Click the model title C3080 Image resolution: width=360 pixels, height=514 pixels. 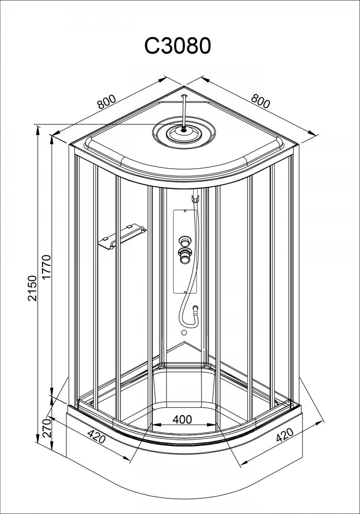click(x=177, y=46)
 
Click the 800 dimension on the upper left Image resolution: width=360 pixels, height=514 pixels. click(x=106, y=102)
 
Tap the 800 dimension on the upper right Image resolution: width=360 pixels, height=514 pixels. click(x=260, y=101)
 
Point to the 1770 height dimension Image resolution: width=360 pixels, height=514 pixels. click(x=46, y=267)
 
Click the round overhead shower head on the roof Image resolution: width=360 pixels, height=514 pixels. click(x=184, y=133)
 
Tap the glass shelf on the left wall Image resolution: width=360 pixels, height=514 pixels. click(x=122, y=236)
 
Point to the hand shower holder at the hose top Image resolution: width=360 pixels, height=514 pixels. click(x=195, y=198)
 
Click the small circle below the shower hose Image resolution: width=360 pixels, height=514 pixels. click(x=184, y=332)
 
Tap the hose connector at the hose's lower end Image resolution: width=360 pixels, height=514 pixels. click(x=195, y=308)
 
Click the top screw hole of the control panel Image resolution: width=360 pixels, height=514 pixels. click(x=185, y=211)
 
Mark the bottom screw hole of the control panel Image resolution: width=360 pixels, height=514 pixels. click(x=185, y=292)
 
